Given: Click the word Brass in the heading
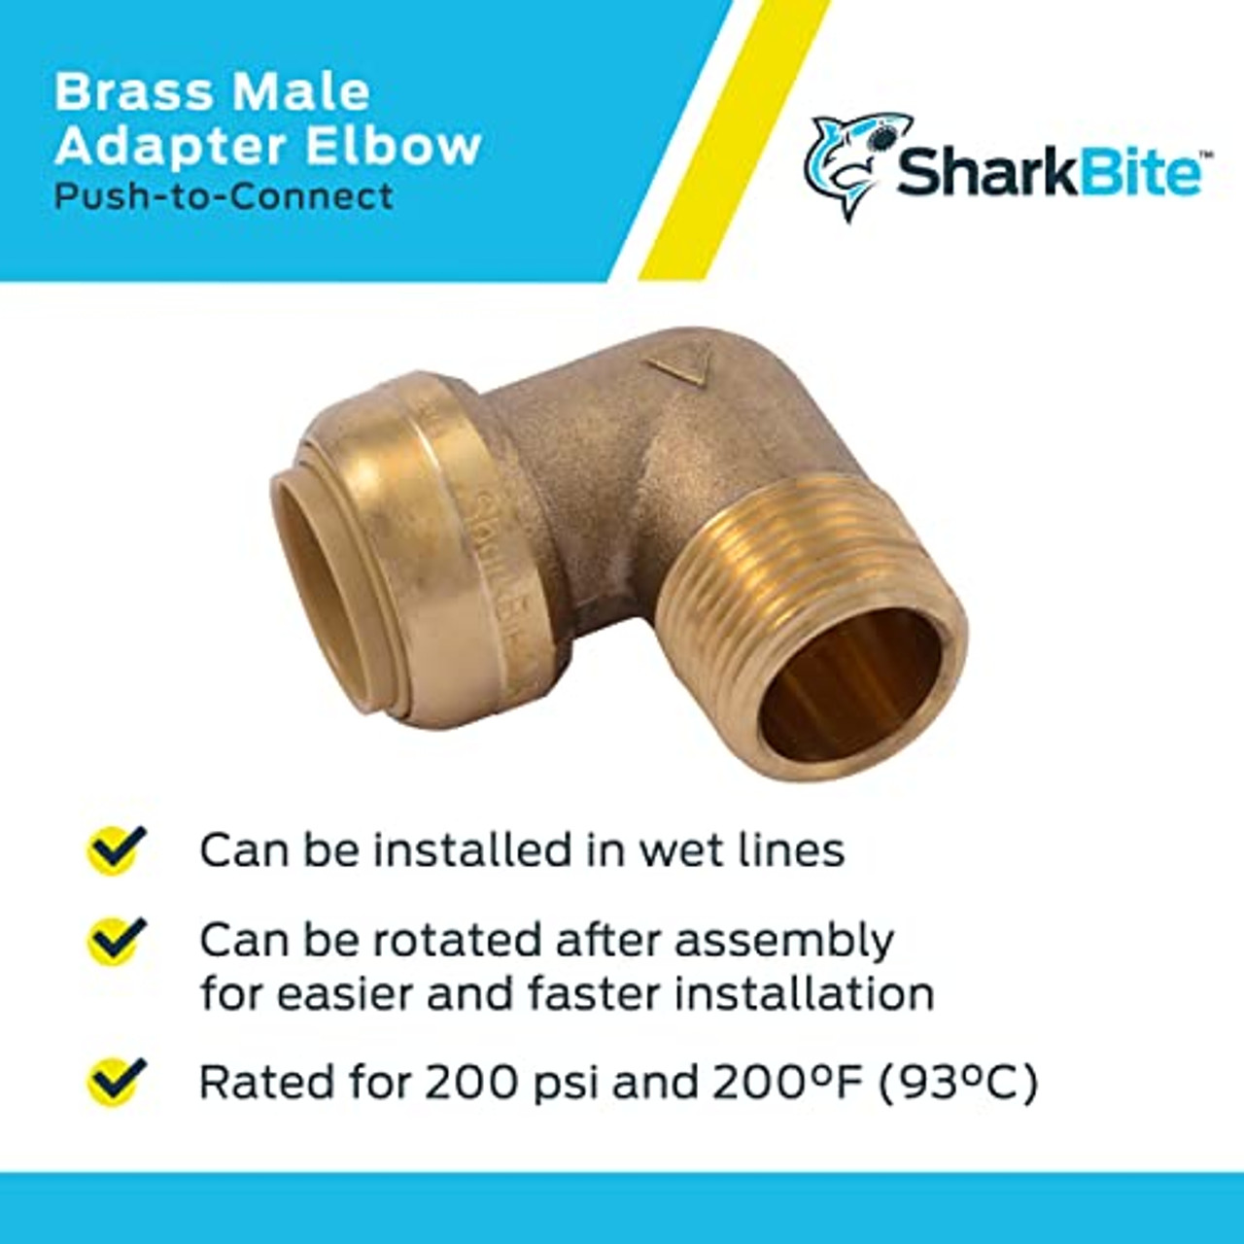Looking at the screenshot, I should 130,92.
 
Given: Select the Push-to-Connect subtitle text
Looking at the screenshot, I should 224,196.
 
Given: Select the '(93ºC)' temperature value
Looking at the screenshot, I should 957,1083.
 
